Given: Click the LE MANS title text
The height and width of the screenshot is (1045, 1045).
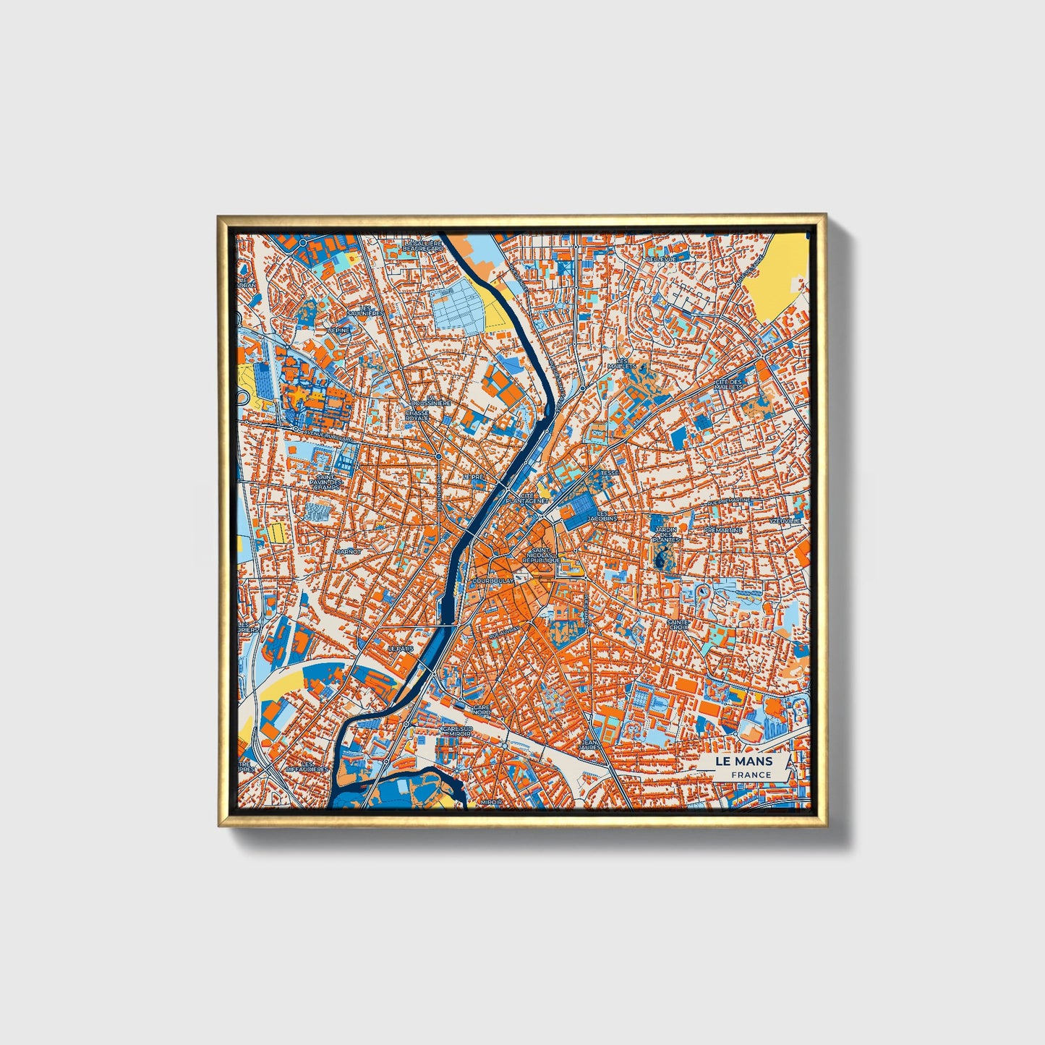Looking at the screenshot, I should (x=743, y=762).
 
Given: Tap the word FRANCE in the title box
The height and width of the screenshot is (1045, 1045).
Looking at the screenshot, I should (x=750, y=775).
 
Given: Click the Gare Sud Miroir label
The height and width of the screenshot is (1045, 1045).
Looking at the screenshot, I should (x=457, y=731).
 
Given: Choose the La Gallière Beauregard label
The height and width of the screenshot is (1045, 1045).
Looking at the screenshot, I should (x=422, y=246).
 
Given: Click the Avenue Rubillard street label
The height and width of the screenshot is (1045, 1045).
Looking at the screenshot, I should (x=328, y=437).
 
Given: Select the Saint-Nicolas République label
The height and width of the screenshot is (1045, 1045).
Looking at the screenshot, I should (x=542, y=556).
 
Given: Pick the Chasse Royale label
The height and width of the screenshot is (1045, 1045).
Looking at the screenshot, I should (x=417, y=415).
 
